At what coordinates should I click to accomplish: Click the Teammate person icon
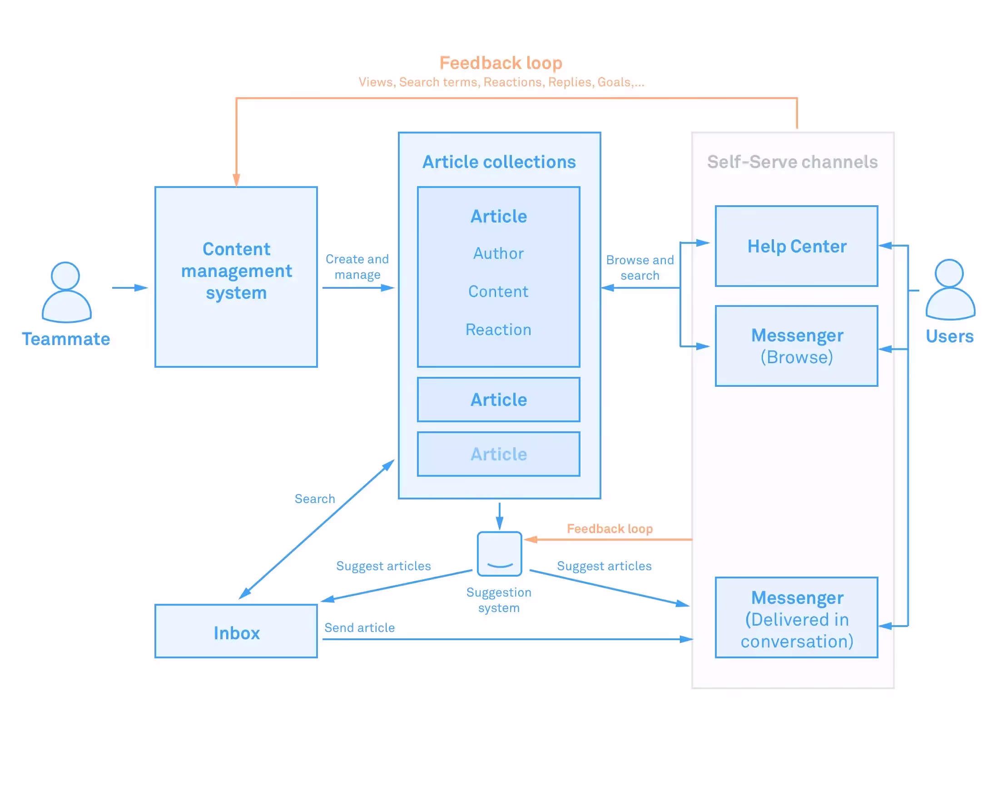pos(66,292)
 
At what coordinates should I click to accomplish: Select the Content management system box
pos(236,276)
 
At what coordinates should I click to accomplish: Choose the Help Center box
pos(796,246)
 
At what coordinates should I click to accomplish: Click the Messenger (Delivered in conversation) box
pos(796,617)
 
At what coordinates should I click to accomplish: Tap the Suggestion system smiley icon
pos(499,553)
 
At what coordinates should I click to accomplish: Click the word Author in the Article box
pos(498,253)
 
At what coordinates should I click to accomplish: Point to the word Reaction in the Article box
pos(498,330)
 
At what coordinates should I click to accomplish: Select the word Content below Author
pos(498,291)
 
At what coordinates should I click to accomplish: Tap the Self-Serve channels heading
pos(792,162)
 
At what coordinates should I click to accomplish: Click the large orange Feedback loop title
pos(501,63)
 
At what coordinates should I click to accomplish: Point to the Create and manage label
pos(357,267)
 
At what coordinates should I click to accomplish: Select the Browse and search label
pos(640,268)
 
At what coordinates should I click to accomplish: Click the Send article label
pos(359,627)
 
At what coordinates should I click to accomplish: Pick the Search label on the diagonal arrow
pos(315,499)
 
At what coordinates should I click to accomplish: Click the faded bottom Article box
pos(498,454)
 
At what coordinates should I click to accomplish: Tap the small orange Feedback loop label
pos(610,528)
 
